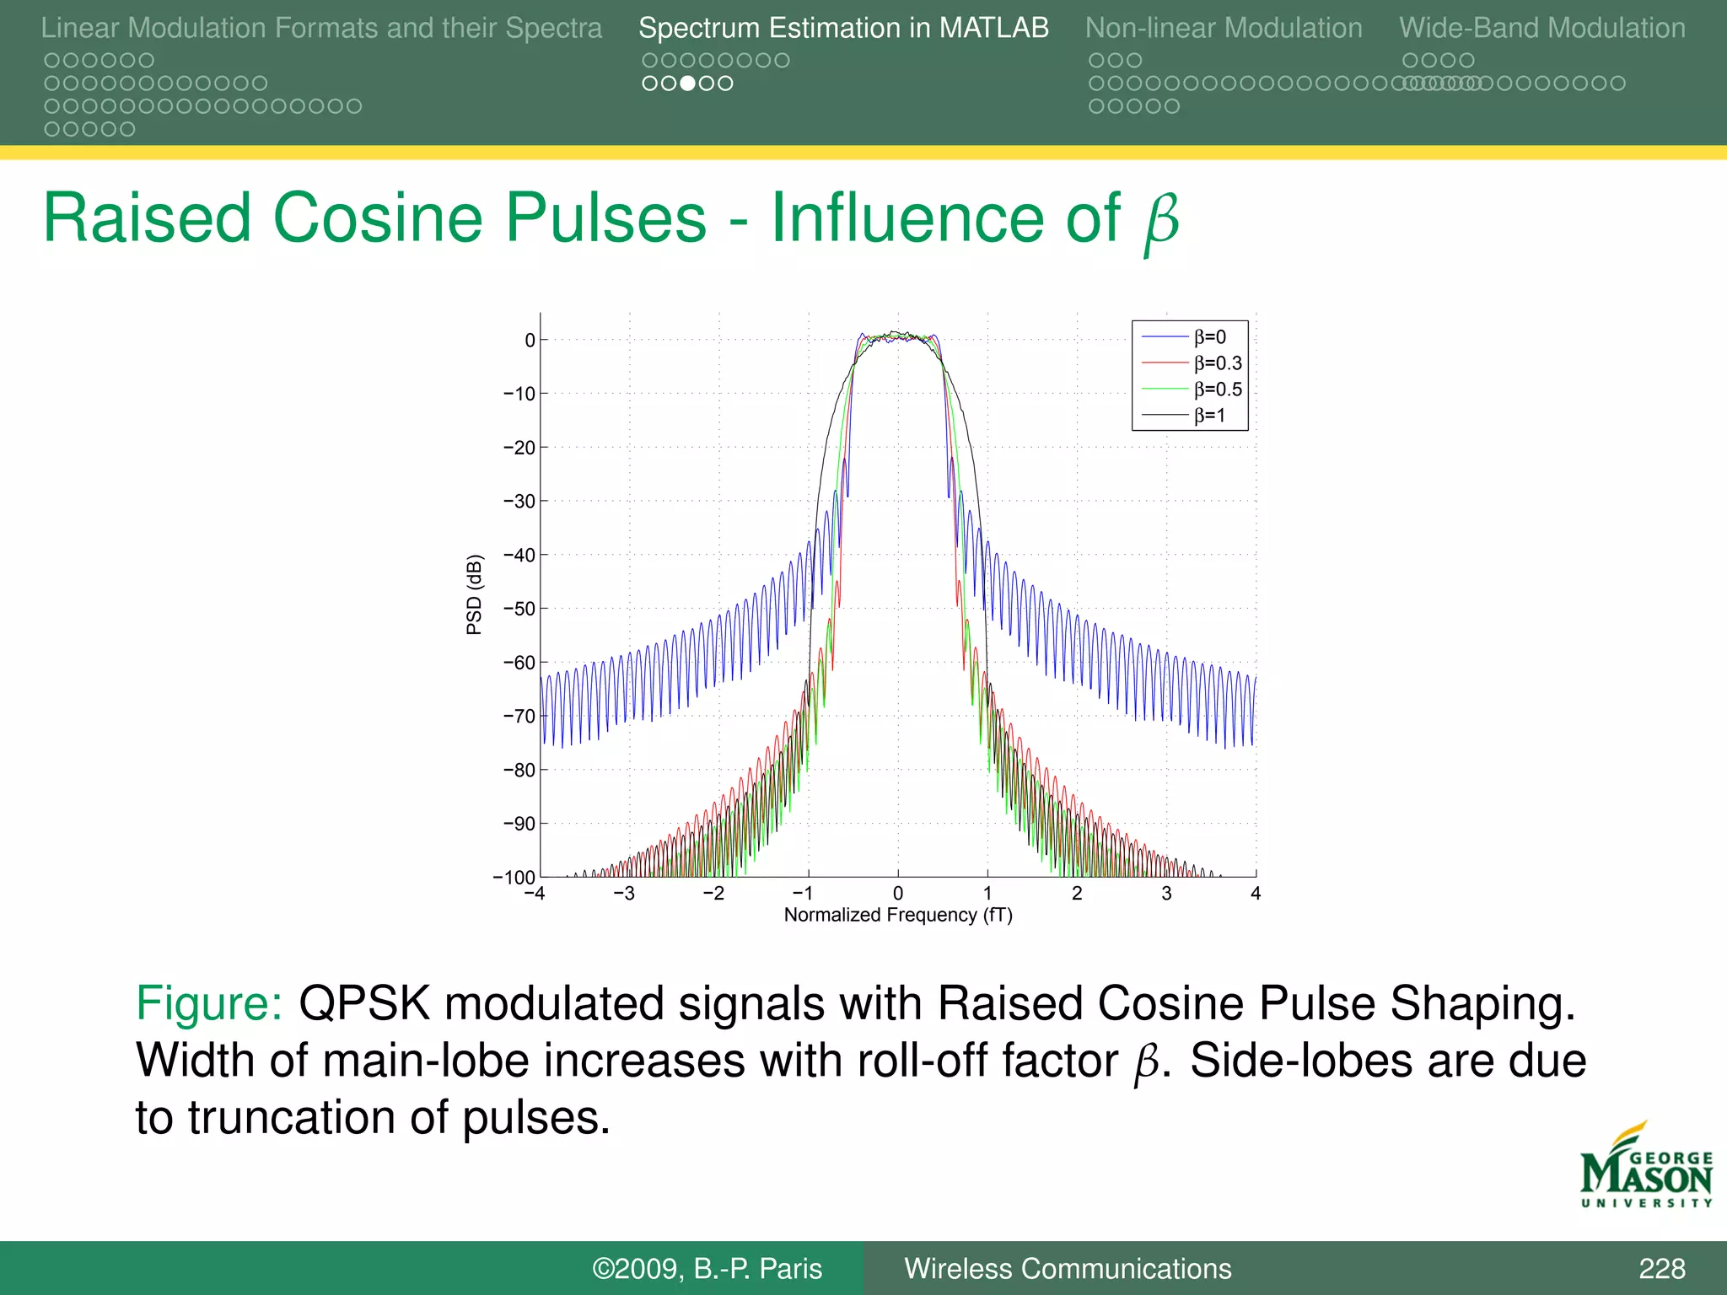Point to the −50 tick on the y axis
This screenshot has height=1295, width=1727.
click(519, 609)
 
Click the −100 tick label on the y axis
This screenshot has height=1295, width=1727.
click(514, 878)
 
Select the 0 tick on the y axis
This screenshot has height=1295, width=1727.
click(530, 341)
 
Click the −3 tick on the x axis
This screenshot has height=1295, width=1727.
click(624, 894)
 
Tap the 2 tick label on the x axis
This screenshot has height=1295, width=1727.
click(1077, 894)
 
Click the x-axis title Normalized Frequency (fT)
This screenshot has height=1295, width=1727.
click(898, 916)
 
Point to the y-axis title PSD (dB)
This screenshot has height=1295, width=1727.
click(475, 594)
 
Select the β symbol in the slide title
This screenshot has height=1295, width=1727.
click(1161, 221)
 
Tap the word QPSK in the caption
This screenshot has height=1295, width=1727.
click(364, 1004)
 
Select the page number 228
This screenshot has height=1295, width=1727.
click(1661, 1269)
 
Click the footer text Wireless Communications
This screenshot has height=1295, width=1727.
click(1068, 1269)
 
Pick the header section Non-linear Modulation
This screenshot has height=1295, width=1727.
click(1223, 29)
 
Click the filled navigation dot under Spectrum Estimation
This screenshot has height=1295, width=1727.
click(688, 83)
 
